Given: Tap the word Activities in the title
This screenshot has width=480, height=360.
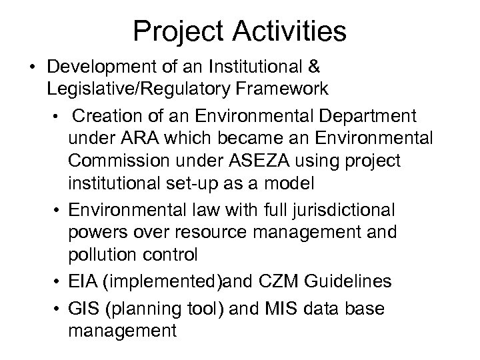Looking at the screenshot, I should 288,32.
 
